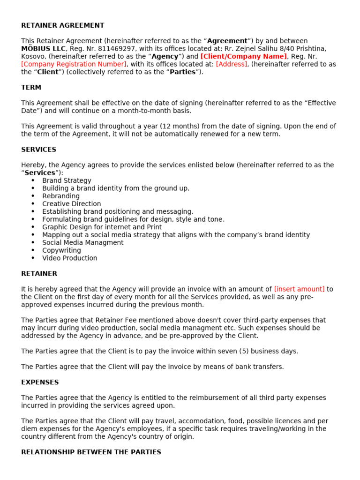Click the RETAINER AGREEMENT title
(x=63, y=25)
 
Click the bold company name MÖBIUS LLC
(x=44, y=49)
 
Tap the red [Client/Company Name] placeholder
(x=243, y=56)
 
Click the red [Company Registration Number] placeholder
(x=74, y=64)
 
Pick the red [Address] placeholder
(x=232, y=64)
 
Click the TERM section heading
(x=31, y=87)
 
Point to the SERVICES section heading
(x=38, y=150)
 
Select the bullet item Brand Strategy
(x=67, y=180)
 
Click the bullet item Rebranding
(x=61, y=196)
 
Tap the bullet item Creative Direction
(x=71, y=204)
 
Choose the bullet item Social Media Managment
(x=83, y=242)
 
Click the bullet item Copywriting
(x=61, y=250)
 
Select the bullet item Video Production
(x=70, y=258)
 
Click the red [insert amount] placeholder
(x=299, y=289)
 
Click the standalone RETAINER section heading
(x=39, y=273)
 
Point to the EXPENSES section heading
(x=40, y=382)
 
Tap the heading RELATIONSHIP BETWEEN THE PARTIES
(x=91, y=452)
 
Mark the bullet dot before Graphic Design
(x=33, y=227)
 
